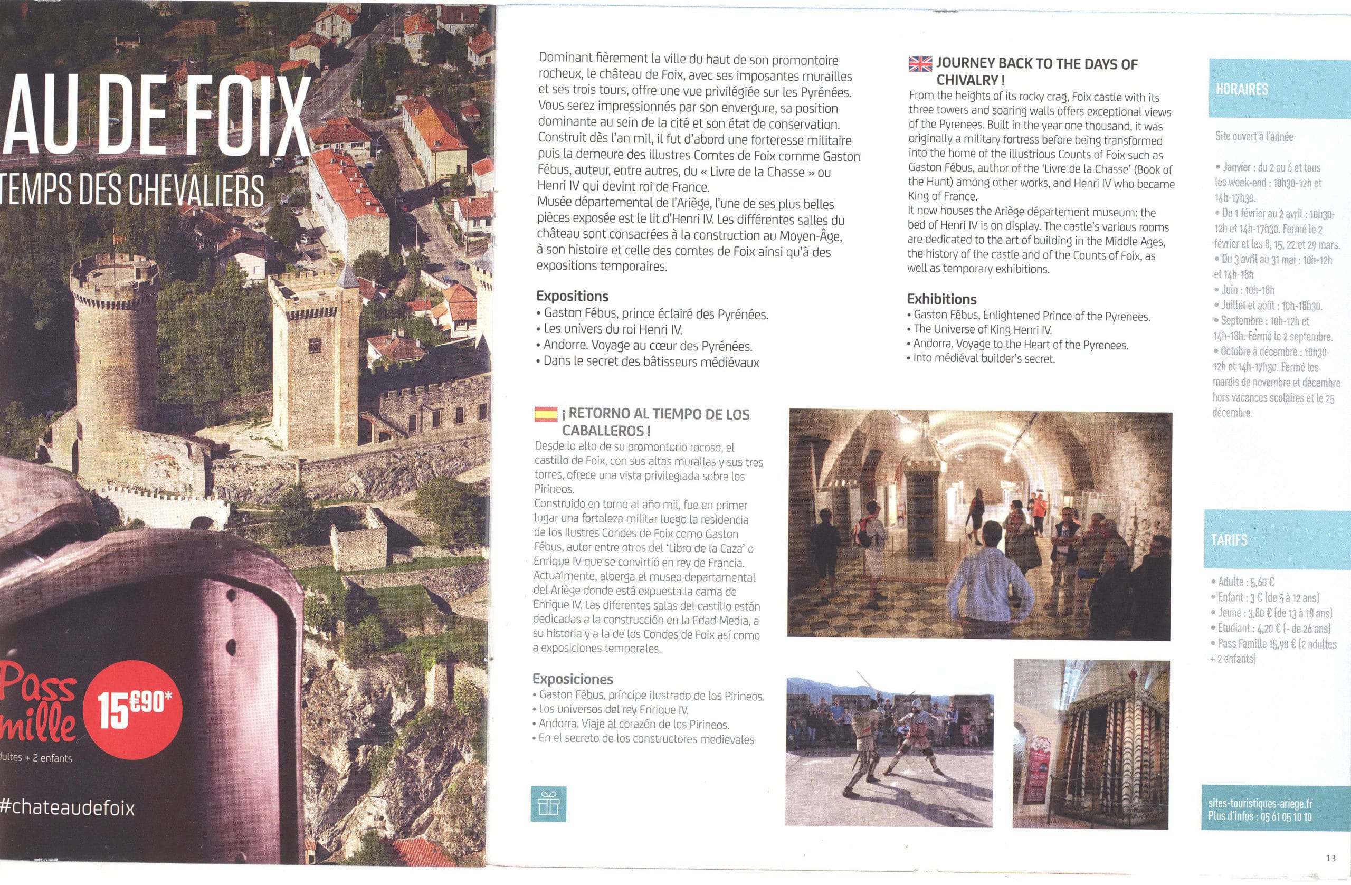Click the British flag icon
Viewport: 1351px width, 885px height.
coord(920,64)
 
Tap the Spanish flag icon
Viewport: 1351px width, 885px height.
coord(545,414)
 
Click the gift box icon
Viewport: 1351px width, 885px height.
coord(548,803)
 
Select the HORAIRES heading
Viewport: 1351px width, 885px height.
coord(1241,89)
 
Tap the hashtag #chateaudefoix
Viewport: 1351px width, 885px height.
coord(68,808)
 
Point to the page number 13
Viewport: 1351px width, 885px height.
coord(1330,858)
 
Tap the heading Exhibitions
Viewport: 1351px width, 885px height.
coord(941,299)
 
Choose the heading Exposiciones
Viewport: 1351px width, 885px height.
coord(573,679)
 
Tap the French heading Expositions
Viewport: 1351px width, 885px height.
coord(572,297)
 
